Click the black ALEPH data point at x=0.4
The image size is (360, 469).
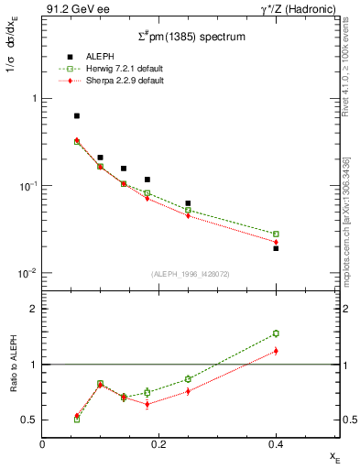[276, 248]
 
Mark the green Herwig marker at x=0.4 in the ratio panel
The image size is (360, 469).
[276, 333]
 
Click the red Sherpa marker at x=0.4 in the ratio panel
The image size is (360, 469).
[276, 351]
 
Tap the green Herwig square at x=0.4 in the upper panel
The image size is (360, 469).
[276, 234]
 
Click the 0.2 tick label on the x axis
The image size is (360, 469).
[158, 443]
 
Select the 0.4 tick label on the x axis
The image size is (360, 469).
[276, 443]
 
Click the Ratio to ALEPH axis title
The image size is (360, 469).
[11, 365]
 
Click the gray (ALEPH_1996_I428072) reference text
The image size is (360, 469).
[184, 273]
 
